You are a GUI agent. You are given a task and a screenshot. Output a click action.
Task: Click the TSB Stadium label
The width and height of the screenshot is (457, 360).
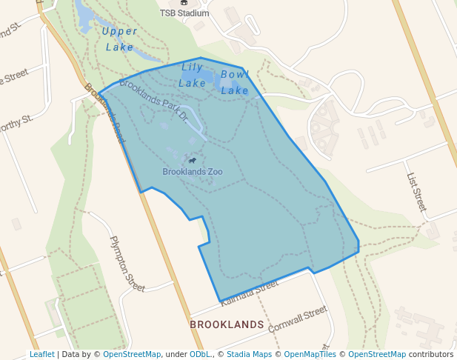click(x=184, y=13)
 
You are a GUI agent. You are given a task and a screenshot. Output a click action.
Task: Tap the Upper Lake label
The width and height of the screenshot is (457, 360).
click(x=119, y=39)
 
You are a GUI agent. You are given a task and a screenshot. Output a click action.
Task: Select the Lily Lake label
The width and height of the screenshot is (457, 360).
click(x=193, y=76)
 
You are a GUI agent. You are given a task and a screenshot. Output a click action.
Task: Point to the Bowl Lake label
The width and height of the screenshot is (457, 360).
click(x=235, y=82)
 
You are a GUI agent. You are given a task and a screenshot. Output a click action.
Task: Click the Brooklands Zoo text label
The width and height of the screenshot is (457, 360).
click(x=193, y=172)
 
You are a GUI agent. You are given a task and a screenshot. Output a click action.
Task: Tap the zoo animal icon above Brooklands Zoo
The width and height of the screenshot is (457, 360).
click(x=193, y=160)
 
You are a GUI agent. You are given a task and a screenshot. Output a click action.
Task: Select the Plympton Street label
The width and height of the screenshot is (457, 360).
click(x=127, y=264)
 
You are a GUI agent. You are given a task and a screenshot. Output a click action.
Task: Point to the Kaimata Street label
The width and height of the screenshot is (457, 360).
click(x=249, y=290)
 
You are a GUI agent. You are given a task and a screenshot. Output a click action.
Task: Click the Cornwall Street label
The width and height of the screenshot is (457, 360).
click(x=297, y=318)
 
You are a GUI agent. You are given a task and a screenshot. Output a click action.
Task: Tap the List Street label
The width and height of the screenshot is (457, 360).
click(x=416, y=192)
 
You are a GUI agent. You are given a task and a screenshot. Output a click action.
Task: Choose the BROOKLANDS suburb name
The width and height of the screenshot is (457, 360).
click(x=227, y=324)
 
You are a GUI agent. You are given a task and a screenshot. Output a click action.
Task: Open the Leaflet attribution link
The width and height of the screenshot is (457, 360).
click(x=42, y=355)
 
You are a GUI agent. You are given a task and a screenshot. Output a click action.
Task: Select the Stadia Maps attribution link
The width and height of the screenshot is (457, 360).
click(x=248, y=355)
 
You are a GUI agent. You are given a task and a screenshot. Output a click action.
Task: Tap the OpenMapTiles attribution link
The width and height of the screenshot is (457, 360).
click(x=310, y=355)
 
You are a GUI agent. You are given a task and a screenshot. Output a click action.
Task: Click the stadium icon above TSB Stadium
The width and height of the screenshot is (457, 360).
click(x=184, y=3)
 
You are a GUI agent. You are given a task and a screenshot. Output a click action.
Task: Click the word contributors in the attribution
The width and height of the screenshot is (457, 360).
click(x=430, y=355)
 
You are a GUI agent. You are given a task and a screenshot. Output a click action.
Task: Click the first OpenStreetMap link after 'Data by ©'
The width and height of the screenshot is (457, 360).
click(x=132, y=355)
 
